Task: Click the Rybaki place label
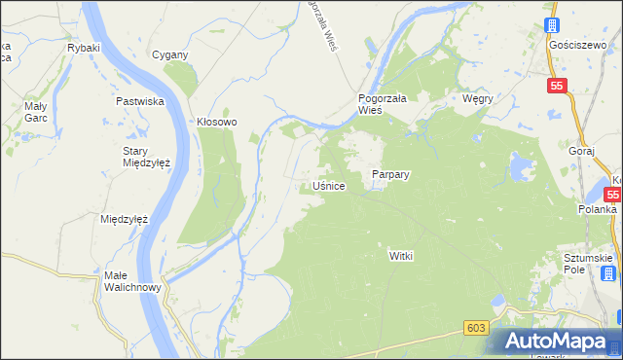(x=84, y=47)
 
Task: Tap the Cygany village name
(x=169, y=54)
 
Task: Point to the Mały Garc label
(x=36, y=111)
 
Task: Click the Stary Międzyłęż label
(x=147, y=157)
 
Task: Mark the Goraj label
(x=581, y=152)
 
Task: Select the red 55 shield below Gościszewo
(x=556, y=87)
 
